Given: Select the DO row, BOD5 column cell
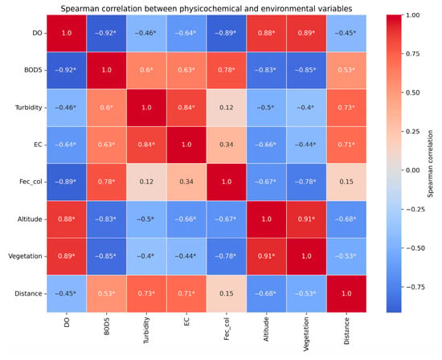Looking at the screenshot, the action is pos(106,33).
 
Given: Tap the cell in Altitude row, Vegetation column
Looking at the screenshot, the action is pos(306,219).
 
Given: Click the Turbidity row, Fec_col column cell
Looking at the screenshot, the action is pos(227,108).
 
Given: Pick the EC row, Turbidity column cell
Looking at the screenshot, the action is pos(146,145).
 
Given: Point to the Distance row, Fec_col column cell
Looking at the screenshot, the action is pos(227,293).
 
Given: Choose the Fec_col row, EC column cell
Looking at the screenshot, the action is pos(186,182).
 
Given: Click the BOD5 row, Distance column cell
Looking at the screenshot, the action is pos(346,70).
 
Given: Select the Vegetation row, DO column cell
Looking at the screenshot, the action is pos(67,256).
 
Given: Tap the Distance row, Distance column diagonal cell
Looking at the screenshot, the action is pos(346,293).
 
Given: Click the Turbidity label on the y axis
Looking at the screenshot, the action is pos(28,108).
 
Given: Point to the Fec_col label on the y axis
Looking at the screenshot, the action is pos(31,182).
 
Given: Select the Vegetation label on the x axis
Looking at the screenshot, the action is pos(306,334).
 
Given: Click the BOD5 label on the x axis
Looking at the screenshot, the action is pos(107,326).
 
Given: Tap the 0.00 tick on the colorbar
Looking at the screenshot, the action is pos(413,170).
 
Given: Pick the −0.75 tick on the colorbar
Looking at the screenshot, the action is pos(415,287).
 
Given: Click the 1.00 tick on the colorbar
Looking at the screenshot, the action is pos(413,15).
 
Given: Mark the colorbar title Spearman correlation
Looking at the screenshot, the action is pos(430,164).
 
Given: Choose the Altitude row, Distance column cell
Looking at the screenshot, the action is pos(346,219).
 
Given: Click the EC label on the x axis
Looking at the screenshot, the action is pos(186,321).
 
